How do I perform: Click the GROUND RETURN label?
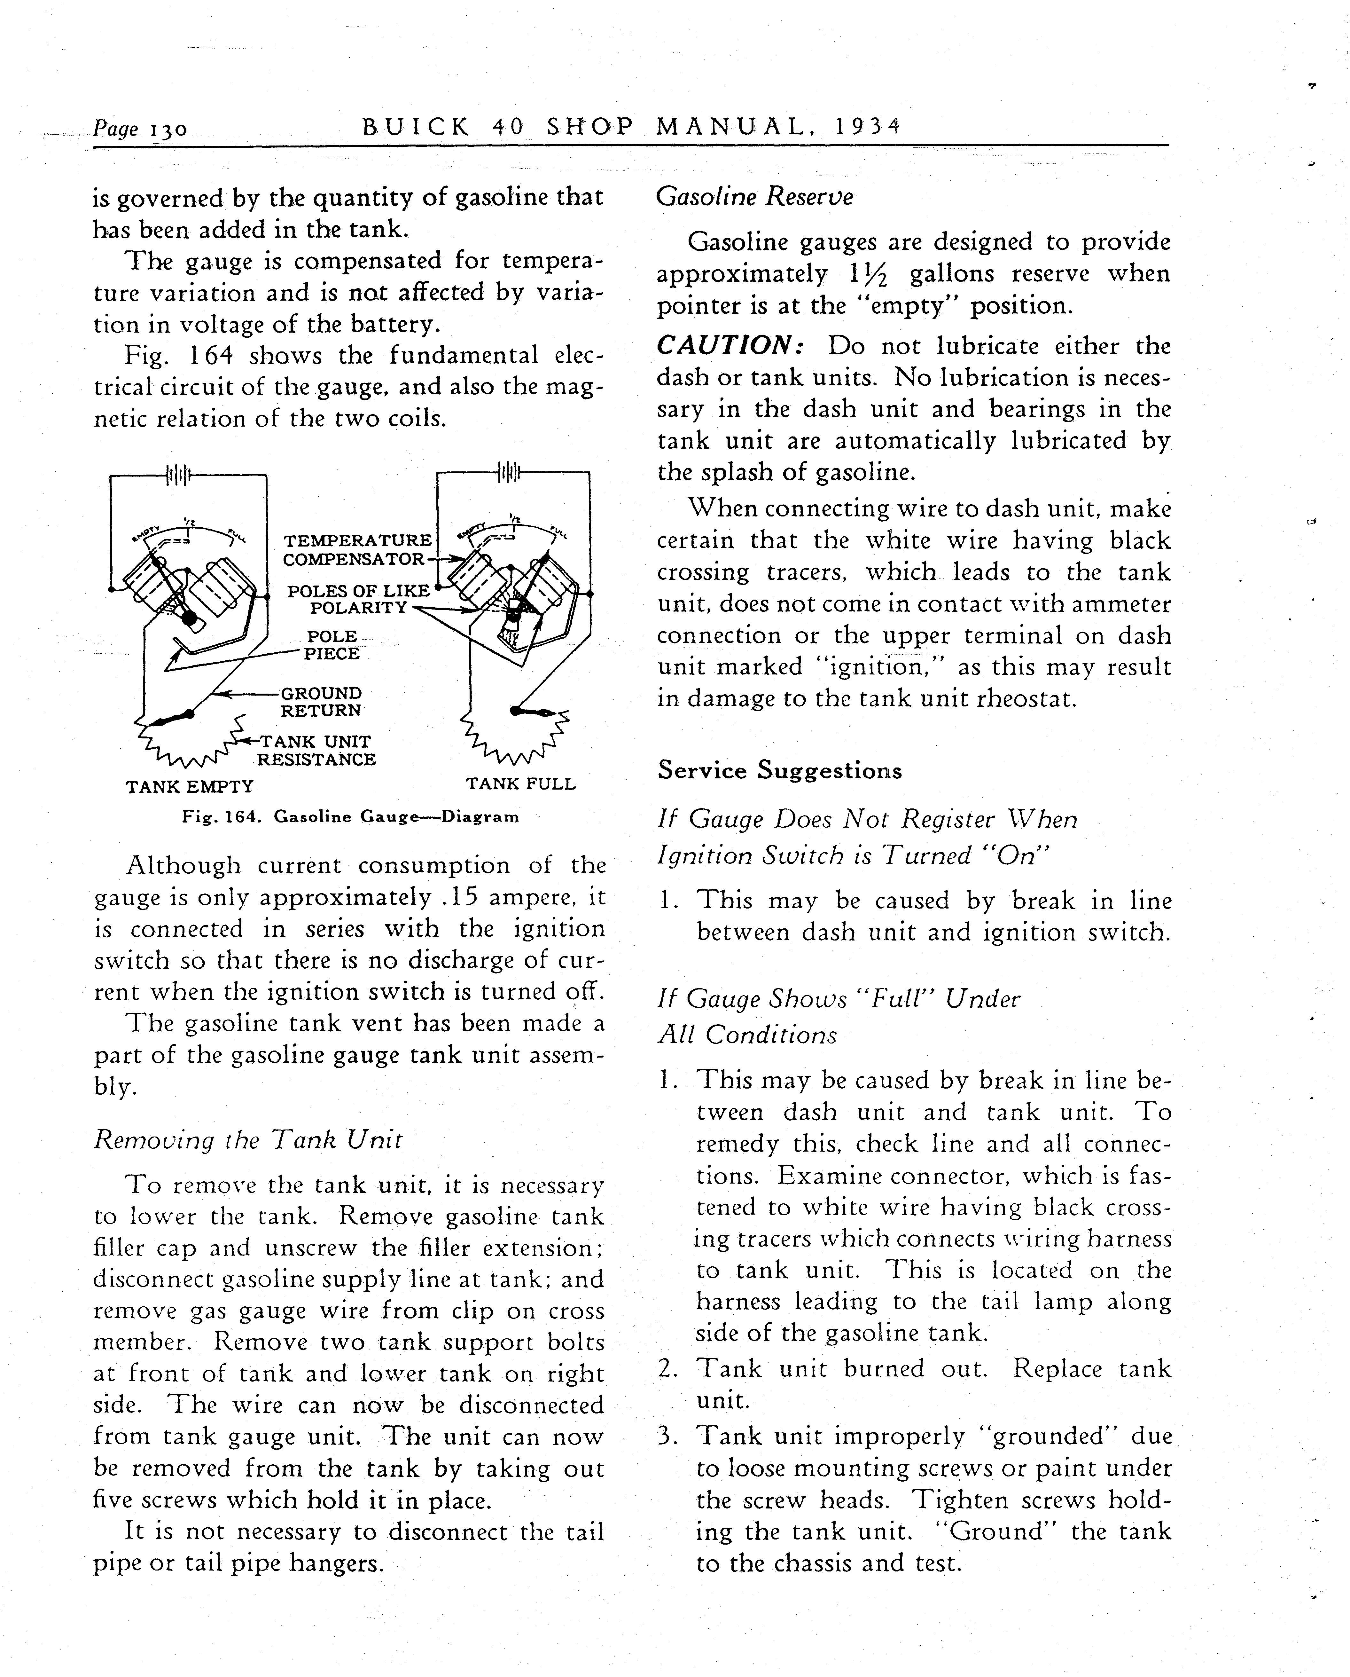click(320, 702)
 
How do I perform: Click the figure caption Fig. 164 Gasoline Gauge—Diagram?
click(350, 817)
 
